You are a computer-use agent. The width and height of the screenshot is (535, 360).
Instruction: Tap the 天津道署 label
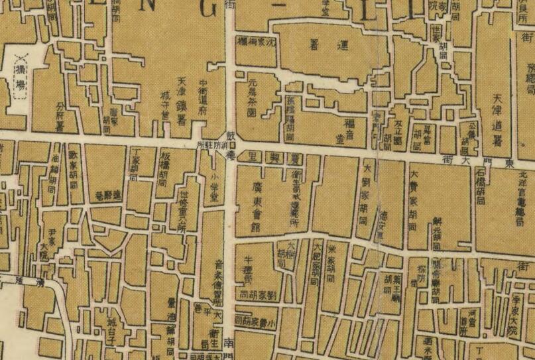coord(498,119)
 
